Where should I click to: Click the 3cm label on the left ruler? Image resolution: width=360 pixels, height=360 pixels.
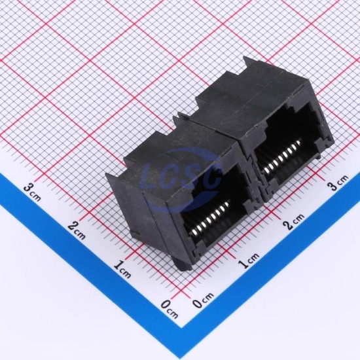32,192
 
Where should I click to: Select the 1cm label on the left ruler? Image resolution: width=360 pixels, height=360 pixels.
122,269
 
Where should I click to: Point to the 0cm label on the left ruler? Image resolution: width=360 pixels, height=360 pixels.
170,309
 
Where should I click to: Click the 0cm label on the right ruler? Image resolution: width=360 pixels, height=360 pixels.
203,300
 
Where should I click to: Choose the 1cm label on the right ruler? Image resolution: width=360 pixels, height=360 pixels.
248,261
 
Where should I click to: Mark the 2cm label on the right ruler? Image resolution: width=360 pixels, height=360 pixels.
294,221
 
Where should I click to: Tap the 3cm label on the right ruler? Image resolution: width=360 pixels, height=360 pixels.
338,183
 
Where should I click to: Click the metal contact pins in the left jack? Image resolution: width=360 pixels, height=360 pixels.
209,218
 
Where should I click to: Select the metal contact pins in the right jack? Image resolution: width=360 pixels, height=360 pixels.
282,156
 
